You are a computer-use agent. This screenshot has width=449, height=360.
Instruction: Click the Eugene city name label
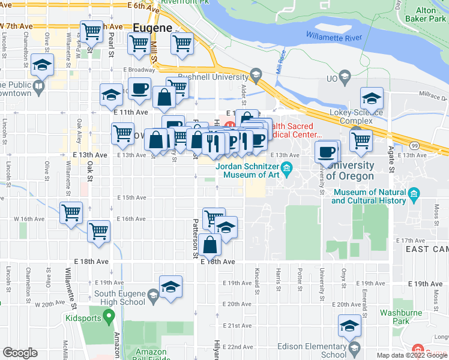[152, 28]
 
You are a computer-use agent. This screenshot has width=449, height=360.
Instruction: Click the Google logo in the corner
[20, 353]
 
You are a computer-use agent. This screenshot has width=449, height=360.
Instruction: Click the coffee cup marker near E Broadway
[139, 89]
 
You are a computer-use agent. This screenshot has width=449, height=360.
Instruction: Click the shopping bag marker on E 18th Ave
[210, 245]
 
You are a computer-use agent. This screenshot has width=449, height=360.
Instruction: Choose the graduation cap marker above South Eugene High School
[170, 286]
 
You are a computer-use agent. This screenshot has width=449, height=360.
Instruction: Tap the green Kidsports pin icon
[109, 314]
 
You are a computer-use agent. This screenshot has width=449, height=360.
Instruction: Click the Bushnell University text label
[213, 77]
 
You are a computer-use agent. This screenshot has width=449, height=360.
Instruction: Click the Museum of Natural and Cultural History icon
[413, 194]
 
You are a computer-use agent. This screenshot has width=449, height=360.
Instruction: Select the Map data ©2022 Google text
[412, 355]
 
